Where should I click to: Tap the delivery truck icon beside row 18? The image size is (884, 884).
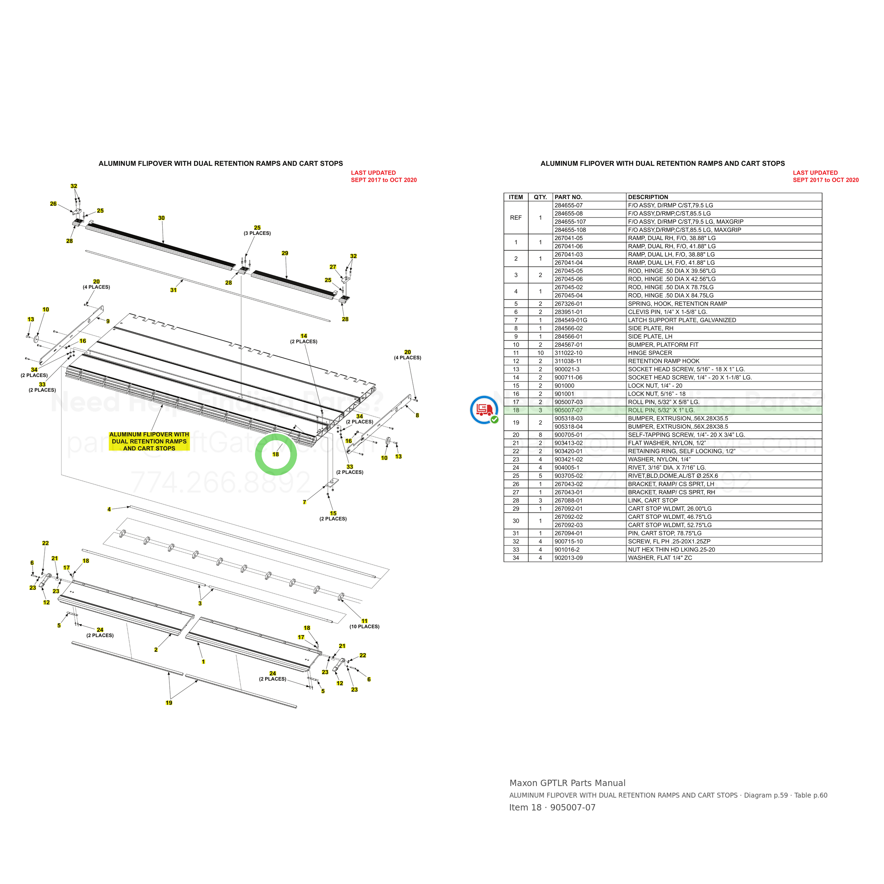tap(484, 409)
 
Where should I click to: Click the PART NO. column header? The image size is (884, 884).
tap(568, 197)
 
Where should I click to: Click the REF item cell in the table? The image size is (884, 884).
tap(516, 218)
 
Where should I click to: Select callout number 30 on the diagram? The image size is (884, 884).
tap(162, 218)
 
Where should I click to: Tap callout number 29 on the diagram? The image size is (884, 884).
tap(285, 254)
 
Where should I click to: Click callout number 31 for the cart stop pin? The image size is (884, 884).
tap(173, 290)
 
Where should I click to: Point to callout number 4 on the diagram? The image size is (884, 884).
tap(109, 509)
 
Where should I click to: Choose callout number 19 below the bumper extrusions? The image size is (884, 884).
tap(169, 703)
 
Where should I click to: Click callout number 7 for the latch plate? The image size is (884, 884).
tap(304, 502)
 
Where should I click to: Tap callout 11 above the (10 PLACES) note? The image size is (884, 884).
tap(364, 621)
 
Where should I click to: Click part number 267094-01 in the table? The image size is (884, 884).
tap(569, 534)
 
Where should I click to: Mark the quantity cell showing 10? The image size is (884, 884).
tap(540, 353)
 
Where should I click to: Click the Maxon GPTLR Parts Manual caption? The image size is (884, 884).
tap(568, 783)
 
